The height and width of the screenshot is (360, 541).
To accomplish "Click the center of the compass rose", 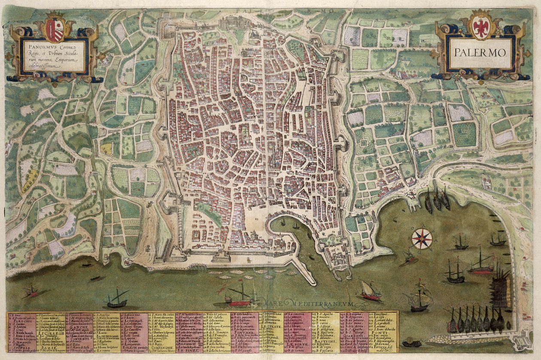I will pyautogui.click(x=422, y=239).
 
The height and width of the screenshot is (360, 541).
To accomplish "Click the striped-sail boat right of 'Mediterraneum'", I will pyautogui.click(x=370, y=291).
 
